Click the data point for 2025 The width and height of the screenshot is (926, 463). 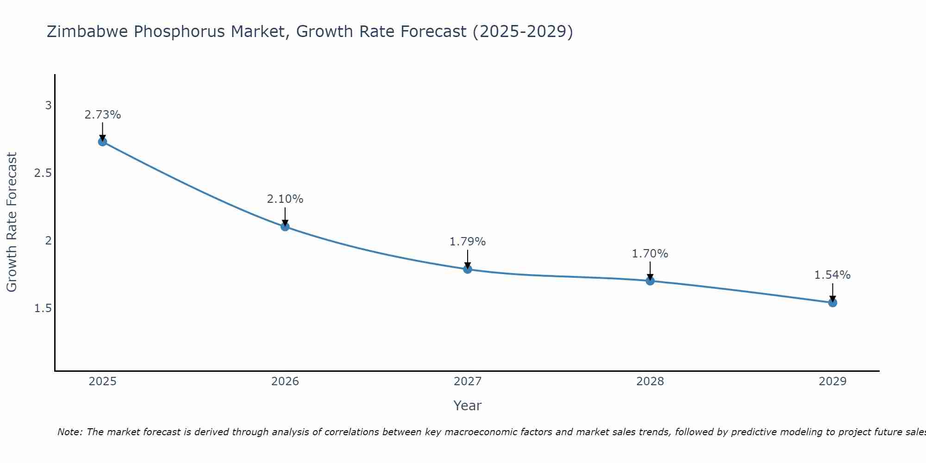pos(103,142)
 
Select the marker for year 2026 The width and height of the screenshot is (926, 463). pos(285,226)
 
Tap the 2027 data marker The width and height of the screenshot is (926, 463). pos(468,269)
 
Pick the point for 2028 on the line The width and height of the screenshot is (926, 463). pos(650,281)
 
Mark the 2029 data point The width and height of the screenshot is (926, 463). pos(832,303)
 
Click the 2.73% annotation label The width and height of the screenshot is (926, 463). pos(103,115)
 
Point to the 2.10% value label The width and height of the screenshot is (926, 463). pos(285,199)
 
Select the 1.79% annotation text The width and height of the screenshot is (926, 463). pos(468,242)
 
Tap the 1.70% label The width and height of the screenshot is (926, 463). pos(650,254)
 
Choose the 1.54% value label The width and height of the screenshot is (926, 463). pos(832,275)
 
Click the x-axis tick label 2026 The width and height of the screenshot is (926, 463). pos(285,382)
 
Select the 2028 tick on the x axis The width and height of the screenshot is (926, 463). pos(650,382)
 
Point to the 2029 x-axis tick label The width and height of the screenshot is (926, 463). pos(832,382)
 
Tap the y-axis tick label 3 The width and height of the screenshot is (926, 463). pos(48,106)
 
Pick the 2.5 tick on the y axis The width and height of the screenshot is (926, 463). pos(43,173)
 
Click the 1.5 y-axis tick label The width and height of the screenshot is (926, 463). pos(43,308)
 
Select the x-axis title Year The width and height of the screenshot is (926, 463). pos(468,406)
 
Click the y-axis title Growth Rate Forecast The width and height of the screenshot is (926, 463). pos(12,222)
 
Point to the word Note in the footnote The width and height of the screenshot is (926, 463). pos(69,432)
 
